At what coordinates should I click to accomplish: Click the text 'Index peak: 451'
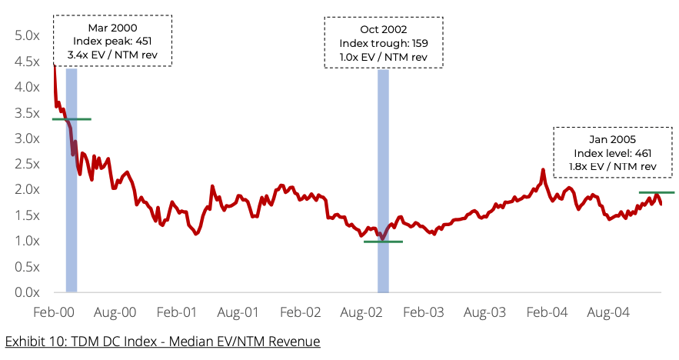coord(113,41)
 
